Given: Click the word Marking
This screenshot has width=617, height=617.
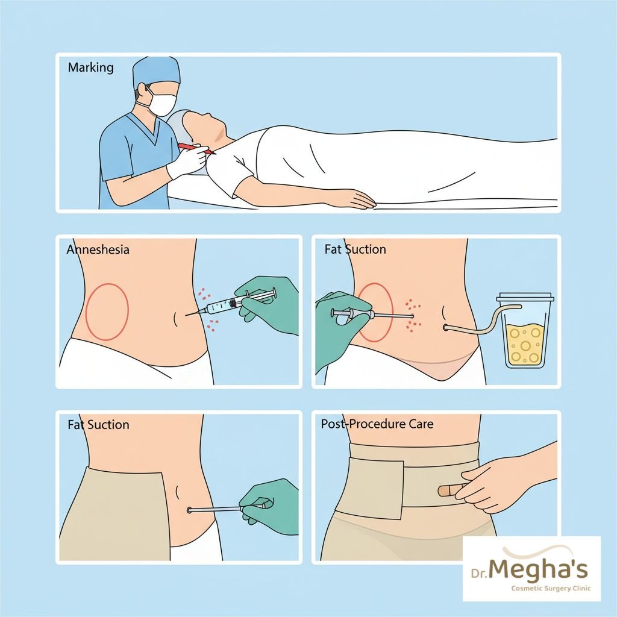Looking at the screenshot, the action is [x=90, y=67].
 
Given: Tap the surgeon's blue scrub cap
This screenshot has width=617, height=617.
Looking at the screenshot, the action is [x=156, y=72].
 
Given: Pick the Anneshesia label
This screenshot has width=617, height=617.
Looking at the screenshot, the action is [x=98, y=249].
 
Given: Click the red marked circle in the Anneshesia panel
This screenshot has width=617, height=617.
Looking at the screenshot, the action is [x=107, y=312].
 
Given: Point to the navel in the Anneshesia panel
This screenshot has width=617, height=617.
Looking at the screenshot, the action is [x=175, y=319].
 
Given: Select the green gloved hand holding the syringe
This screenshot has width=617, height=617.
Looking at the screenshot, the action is [x=268, y=305].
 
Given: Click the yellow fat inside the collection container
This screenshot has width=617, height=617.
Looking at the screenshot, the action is [x=525, y=344].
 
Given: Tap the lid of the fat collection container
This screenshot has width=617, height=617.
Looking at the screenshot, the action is [x=525, y=296].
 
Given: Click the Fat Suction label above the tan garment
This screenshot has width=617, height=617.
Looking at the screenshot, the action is [x=98, y=425].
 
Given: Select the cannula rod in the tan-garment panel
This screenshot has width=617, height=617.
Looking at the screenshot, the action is [x=215, y=510].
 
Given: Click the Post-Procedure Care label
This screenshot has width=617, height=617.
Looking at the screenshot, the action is [x=377, y=424].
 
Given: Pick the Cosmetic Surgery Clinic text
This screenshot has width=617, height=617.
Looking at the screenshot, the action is [x=551, y=589].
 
